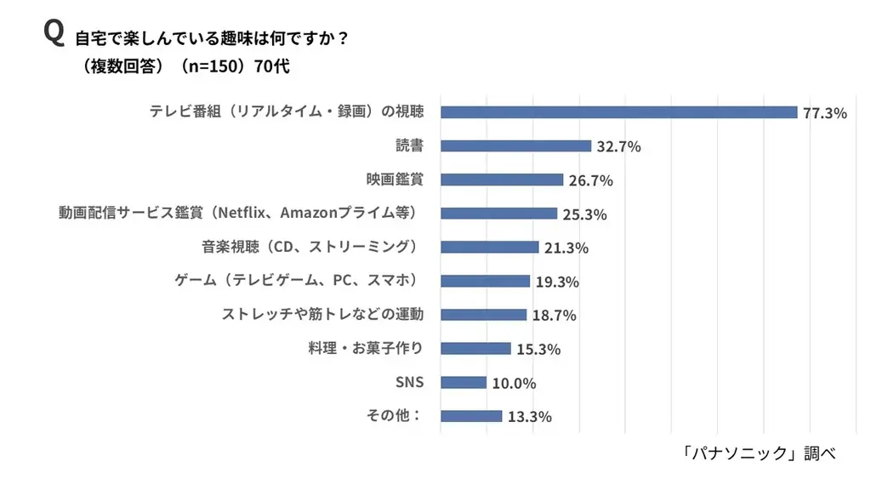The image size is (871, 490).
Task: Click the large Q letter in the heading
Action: tap(54, 33)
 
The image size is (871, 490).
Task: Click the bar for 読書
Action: tap(515, 146)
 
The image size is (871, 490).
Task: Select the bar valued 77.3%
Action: tap(618, 112)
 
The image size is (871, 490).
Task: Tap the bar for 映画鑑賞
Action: tap(502, 179)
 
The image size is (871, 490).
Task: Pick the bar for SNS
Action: tap(464, 383)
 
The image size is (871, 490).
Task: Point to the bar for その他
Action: tap(471, 416)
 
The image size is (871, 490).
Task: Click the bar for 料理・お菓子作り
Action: tap(475, 349)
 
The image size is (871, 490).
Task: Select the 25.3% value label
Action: tap(584, 214)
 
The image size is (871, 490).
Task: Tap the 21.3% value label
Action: tap(566, 248)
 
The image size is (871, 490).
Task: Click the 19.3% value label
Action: tap(557, 282)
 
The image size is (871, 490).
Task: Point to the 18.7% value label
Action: tap(554, 316)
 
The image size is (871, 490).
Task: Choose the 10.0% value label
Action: tap(514, 384)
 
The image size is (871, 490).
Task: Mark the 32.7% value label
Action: tap(618, 146)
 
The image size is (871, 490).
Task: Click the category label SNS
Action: tap(409, 382)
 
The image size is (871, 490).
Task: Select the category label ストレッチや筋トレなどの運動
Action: tap(322, 315)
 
